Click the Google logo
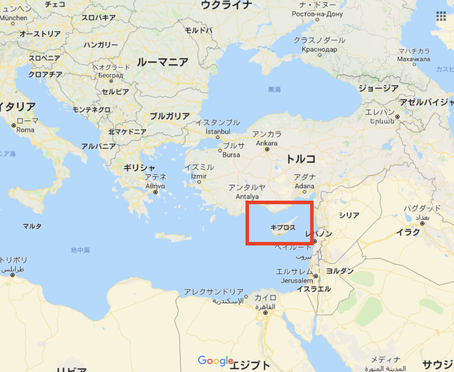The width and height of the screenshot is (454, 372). coord(215,360)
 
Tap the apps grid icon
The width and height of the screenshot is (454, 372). coord(441,16)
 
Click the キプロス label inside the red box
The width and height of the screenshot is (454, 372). coord(283,228)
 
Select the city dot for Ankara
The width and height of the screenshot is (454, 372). coord(267,149)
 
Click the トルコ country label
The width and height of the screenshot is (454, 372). coord(301,159)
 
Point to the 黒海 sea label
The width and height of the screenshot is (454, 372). coord(274,90)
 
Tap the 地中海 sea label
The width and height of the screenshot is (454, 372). coord(80,250)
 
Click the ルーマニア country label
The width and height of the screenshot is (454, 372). coord(162,62)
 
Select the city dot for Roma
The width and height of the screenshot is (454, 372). coord(14,125)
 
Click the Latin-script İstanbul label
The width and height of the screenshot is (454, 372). coord(218,131)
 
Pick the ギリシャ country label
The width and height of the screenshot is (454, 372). coord(139,168)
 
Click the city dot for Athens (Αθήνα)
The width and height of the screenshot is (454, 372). coord(155,192)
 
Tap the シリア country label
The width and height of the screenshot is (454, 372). coord(349,215)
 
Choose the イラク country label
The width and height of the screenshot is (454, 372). coord(408,232)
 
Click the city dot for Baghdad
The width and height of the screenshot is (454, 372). coord(422,223)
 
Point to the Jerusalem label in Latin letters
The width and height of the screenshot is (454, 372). coord(297,280)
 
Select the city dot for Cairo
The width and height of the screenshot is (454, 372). coord(265,313)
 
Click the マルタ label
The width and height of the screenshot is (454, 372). coord(32,226)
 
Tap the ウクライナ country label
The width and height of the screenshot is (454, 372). coord(226,5)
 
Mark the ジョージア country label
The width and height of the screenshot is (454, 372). coord(379,88)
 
